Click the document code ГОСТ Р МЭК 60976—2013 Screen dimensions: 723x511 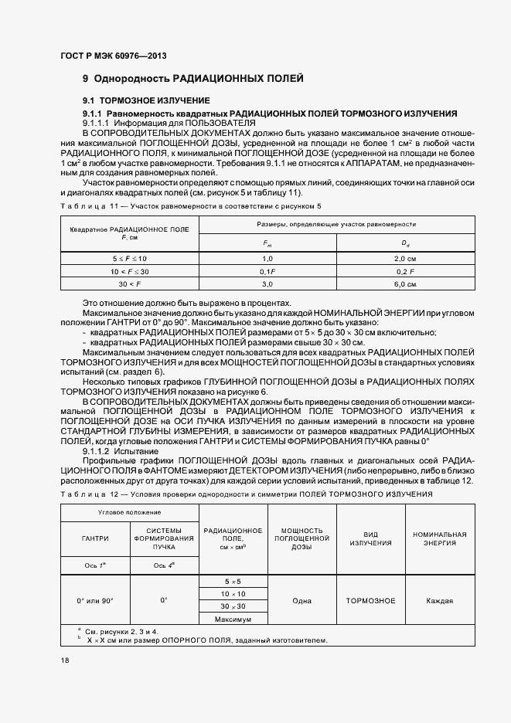(x=113, y=56)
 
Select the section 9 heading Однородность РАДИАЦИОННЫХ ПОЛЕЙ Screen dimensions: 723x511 (x=193, y=79)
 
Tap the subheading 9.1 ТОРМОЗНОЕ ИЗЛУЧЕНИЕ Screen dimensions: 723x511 (x=146, y=101)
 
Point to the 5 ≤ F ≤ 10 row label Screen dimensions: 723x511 (x=129, y=257)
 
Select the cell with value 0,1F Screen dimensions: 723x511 (x=267, y=271)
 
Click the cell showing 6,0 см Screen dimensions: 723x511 (x=405, y=285)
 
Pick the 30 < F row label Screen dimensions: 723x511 (x=129, y=285)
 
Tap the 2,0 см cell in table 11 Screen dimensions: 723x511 (x=405, y=257)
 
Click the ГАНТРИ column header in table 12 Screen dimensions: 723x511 (x=95, y=538)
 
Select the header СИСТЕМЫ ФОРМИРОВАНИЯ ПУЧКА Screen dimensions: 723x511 (x=164, y=538)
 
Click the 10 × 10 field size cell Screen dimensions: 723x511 (x=233, y=593)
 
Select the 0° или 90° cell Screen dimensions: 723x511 (x=95, y=600)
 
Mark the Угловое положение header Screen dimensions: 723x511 (x=129, y=512)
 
